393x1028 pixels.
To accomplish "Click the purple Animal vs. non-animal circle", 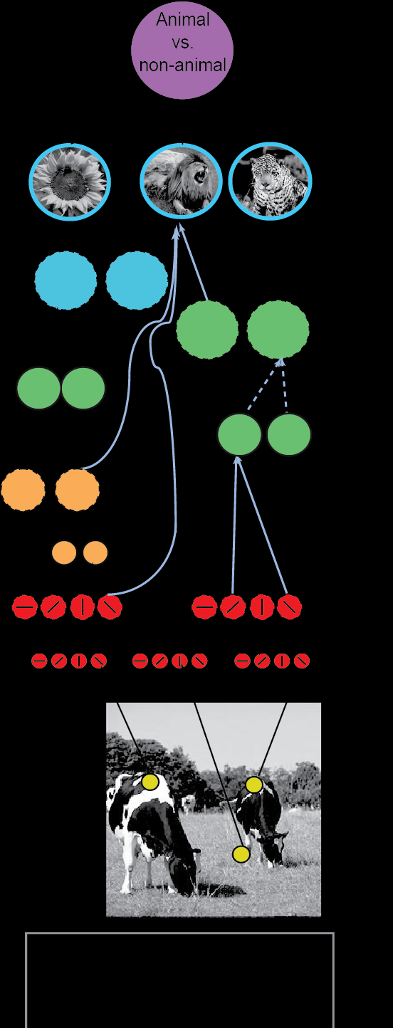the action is (x=182, y=49).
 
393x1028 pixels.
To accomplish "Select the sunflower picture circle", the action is (x=70, y=182).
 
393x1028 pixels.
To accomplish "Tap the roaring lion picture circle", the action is (x=181, y=181).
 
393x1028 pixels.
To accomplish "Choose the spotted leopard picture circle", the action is (x=270, y=181).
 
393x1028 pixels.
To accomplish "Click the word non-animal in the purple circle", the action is (x=183, y=65).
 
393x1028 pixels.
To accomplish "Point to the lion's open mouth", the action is (x=201, y=176).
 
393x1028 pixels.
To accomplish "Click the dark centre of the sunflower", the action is (x=68, y=182).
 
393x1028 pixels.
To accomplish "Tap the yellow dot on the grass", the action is (x=241, y=854).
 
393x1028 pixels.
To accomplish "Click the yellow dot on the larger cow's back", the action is (x=150, y=781).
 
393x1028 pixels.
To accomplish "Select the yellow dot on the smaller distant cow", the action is (x=254, y=785).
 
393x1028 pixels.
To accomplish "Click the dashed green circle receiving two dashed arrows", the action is (x=278, y=329).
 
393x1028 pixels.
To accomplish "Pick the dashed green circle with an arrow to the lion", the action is (x=207, y=329).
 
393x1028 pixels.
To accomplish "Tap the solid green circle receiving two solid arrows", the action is (x=239, y=434).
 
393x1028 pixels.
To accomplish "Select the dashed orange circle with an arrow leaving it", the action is (x=77, y=490).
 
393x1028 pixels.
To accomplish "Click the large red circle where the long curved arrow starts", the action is (x=110, y=607).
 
